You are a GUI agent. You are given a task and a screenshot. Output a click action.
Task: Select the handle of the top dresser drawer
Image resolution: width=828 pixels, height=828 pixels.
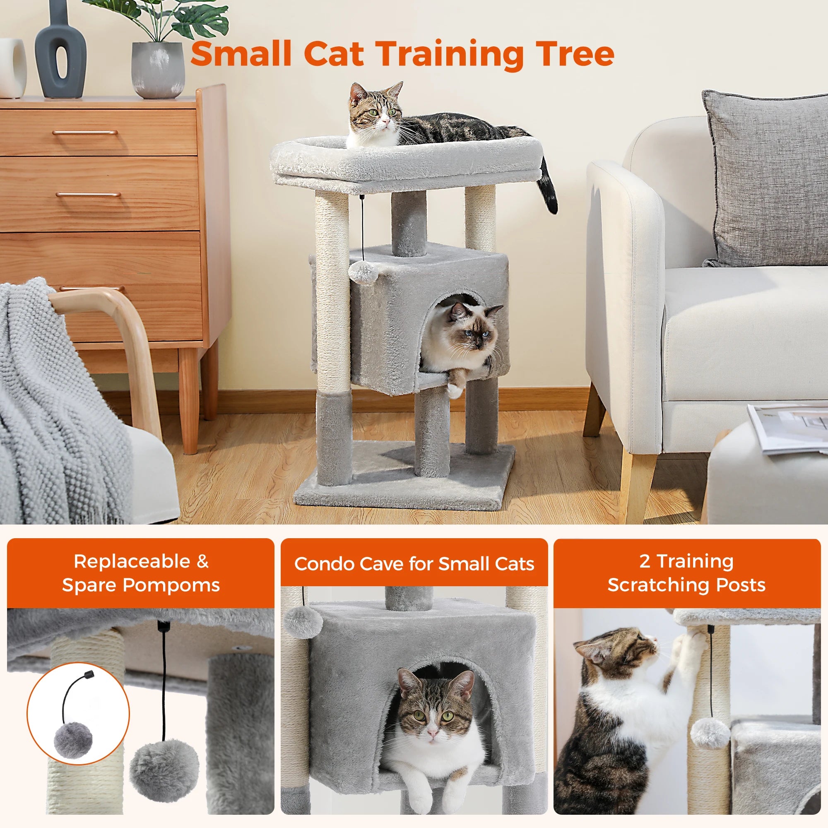[x=85, y=132]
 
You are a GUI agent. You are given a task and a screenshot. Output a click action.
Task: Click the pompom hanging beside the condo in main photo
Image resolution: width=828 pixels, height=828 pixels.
[x=363, y=272]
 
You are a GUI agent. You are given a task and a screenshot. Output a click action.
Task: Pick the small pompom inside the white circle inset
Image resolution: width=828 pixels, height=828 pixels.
[x=73, y=740]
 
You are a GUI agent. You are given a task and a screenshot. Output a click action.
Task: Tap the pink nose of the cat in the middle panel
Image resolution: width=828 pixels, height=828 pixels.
[x=433, y=733]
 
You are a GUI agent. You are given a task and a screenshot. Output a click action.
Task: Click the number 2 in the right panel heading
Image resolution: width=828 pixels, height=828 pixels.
[x=645, y=561]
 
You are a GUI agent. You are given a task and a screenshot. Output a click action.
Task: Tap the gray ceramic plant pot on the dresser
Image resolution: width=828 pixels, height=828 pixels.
[x=158, y=70]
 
